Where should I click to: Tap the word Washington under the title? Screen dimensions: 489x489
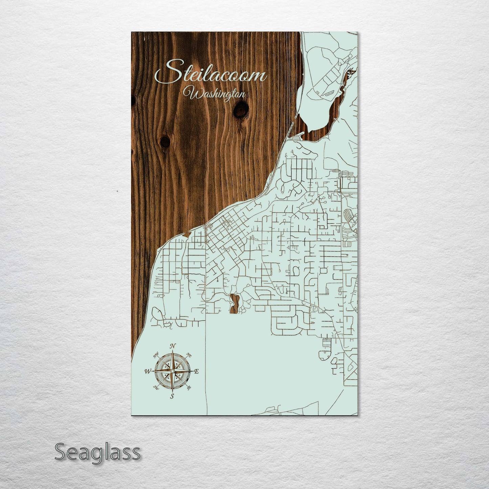[x=214, y=94]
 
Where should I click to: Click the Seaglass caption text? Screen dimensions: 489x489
[x=97, y=452]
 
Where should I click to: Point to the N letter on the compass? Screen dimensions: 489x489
[x=173, y=346]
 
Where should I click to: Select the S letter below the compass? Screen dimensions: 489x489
[x=172, y=396]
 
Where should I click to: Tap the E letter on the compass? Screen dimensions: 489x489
[x=197, y=372]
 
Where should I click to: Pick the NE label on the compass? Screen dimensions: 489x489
[x=189, y=355]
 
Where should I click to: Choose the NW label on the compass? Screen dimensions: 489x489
[x=156, y=355]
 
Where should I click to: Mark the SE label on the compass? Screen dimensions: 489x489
[x=189, y=387]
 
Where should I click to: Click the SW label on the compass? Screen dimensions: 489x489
[x=156, y=387]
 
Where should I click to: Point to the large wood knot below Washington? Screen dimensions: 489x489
[x=241, y=109]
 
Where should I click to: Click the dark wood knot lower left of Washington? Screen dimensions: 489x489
[x=165, y=141]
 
